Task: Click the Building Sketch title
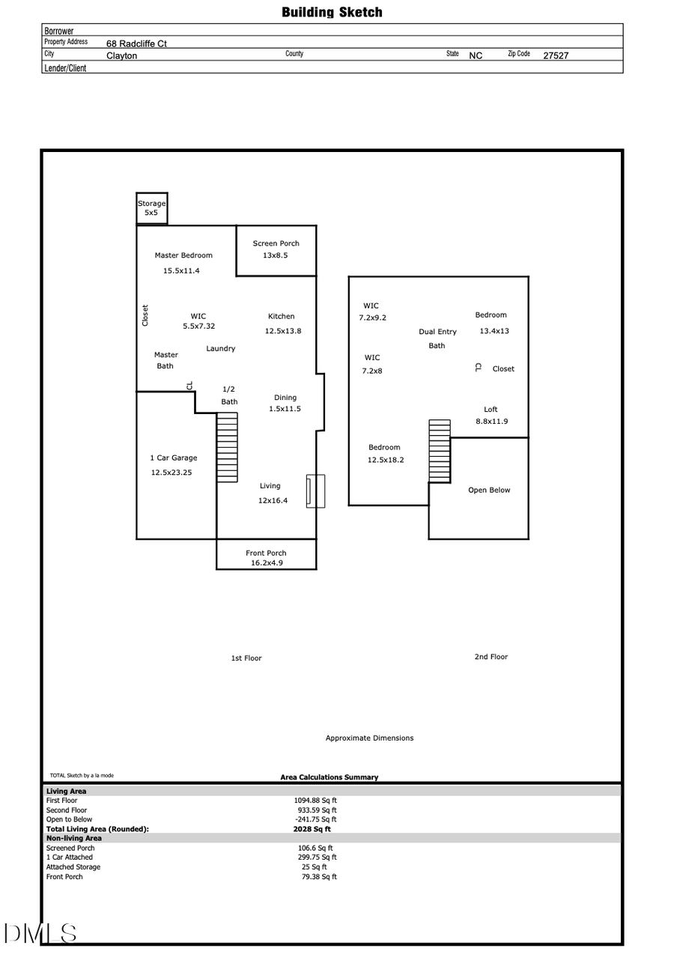(332, 12)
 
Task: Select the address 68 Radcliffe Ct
(136, 43)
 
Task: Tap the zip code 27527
(556, 55)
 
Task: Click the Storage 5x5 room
(151, 208)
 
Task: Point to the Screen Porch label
(276, 243)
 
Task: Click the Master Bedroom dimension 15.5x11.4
(181, 271)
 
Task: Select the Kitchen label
(282, 316)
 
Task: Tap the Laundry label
(221, 348)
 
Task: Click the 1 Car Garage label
(174, 458)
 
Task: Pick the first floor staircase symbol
(227, 448)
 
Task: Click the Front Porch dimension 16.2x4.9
(267, 563)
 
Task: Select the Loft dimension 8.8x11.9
(491, 422)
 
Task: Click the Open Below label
(489, 490)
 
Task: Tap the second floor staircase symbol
(440, 451)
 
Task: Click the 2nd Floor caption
(491, 657)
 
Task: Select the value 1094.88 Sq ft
(315, 801)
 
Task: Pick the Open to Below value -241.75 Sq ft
(315, 819)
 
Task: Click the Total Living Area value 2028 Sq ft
(312, 829)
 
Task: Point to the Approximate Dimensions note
(369, 738)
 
